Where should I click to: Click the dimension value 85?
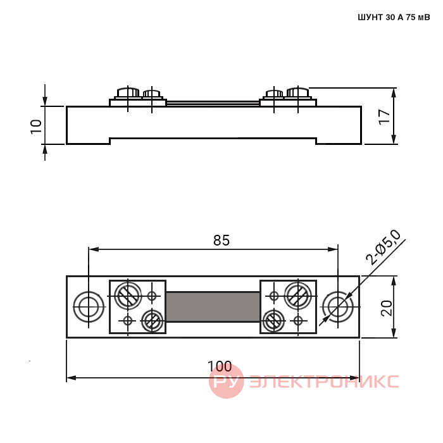[221, 240]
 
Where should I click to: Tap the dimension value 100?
[220, 366]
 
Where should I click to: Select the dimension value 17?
[384, 116]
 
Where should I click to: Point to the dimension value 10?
[36, 127]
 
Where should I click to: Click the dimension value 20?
[387, 308]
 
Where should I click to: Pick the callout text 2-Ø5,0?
[384, 248]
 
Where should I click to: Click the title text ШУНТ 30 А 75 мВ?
[394, 18]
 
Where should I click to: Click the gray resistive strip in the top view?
[213, 307]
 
